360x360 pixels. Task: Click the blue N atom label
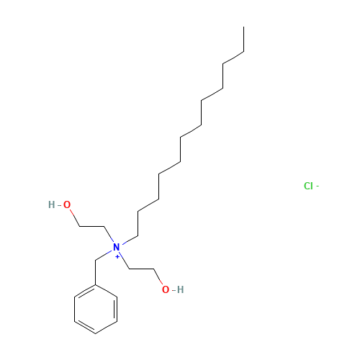(117, 247)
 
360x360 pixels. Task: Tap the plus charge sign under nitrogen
(117, 257)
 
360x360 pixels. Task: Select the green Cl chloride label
(308, 186)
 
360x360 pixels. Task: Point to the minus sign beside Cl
(318, 186)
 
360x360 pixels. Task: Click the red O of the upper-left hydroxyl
(67, 204)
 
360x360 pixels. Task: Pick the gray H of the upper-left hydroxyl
(52, 204)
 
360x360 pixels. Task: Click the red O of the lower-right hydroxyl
(166, 289)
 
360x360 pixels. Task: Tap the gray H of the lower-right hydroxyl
(181, 289)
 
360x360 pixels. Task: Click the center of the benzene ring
(96, 309)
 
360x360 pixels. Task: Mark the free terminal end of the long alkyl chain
(244, 27)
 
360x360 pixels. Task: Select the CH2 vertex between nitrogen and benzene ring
(96, 260)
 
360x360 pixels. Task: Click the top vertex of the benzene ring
(96, 285)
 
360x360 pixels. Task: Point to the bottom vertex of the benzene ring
(96, 333)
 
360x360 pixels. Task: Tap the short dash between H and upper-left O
(59, 205)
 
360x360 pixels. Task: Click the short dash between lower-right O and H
(174, 290)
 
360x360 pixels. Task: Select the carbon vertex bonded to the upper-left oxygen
(80, 226)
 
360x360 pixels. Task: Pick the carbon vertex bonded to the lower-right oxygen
(154, 269)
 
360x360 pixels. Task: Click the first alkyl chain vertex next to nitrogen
(138, 236)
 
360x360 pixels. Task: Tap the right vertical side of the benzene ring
(117, 309)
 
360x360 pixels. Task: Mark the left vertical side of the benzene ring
(75, 309)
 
